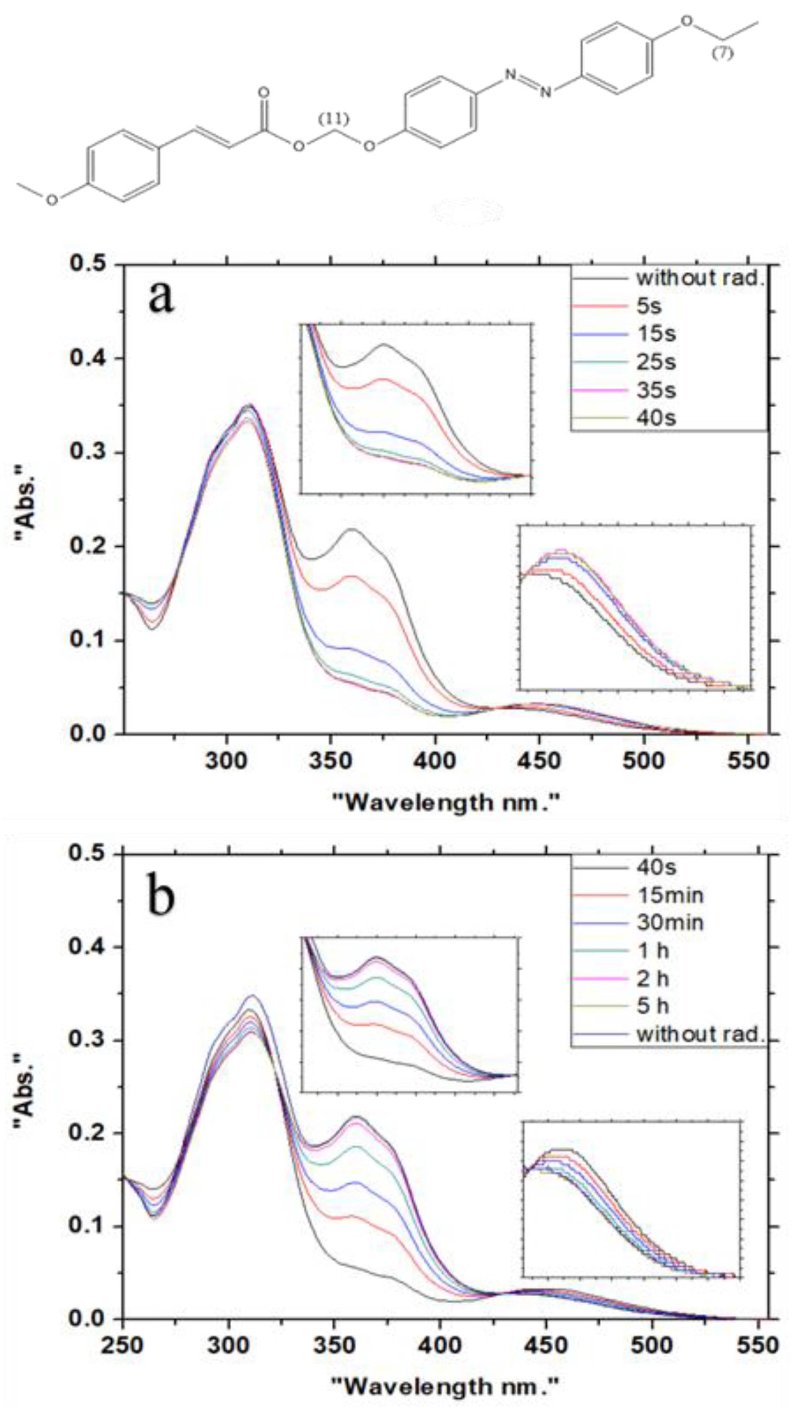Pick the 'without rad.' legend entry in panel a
click(699, 278)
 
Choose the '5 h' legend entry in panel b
click(653, 1004)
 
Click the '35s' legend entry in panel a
click(656, 391)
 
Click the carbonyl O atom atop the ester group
click(264, 92)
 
